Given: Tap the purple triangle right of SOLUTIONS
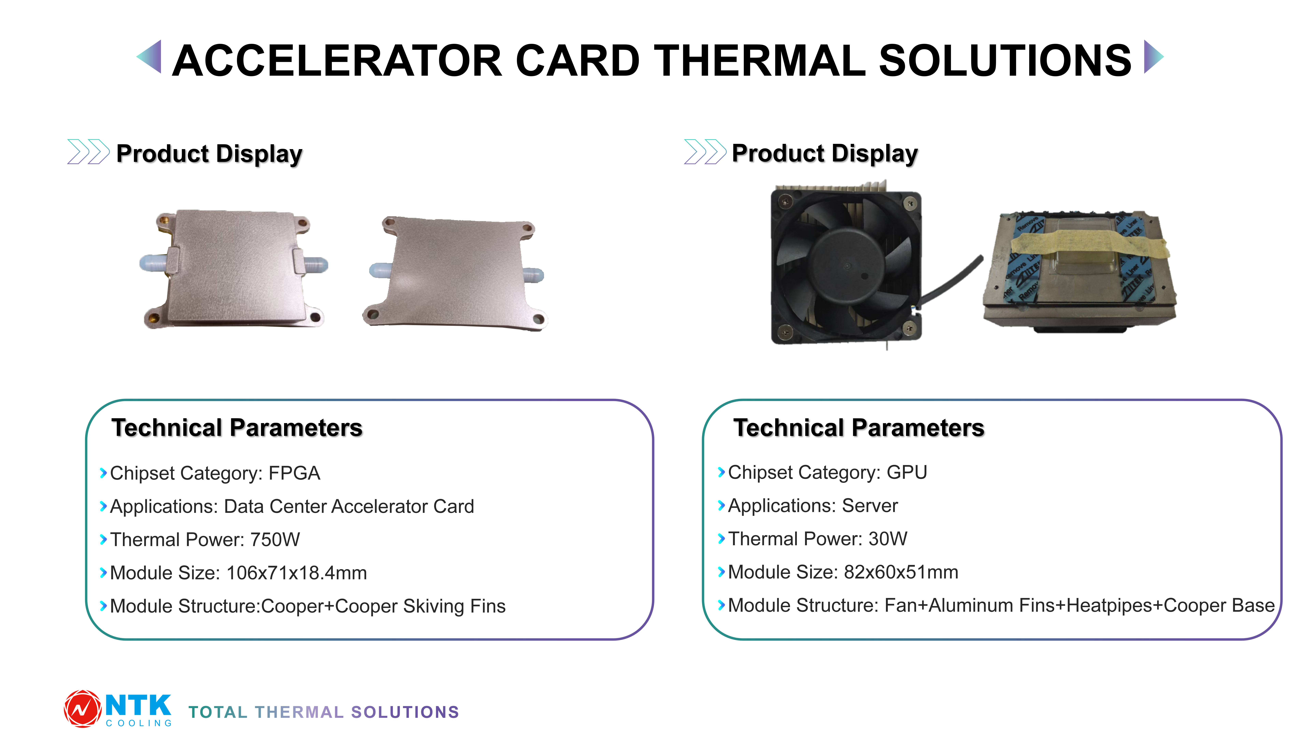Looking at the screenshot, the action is pyautogui.click(x=1153, y=57).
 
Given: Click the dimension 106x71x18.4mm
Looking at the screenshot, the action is pyautogui.click(x=297, y=573).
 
